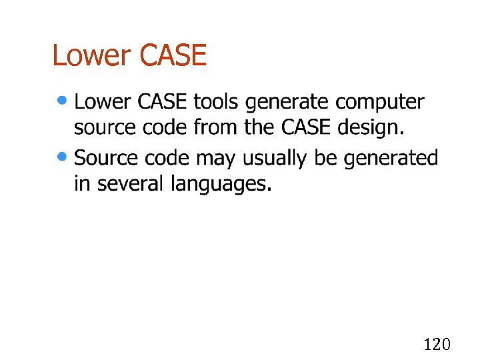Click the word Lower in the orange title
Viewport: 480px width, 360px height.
92,55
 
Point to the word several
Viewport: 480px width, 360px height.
131,183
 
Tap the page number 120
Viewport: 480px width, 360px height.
437,344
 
